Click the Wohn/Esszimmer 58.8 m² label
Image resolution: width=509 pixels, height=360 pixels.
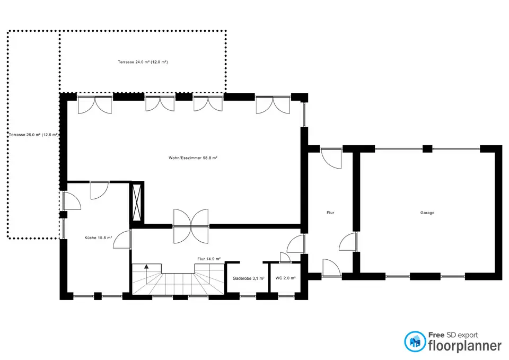click(193, 158)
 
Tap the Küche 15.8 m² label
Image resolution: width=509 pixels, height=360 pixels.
click(98, 238)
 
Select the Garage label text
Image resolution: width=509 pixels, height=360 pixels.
click(427, 213)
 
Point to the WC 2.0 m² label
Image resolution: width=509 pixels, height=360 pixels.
click(285, 278)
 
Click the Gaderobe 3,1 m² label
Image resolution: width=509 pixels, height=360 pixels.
click(248, 278)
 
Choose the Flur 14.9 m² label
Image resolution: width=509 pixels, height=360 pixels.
click(209, 259)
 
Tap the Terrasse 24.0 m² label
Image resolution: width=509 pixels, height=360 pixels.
click(143, 62)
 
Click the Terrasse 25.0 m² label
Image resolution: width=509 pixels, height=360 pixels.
click(34, 135)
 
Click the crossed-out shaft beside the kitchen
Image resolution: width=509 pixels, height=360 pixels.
click(137, 203)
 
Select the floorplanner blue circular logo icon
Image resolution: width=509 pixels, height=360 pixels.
click(415, 341)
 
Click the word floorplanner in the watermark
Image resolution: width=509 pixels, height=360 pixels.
click(465, 346)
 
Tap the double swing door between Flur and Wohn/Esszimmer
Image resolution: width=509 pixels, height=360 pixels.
click(191, 226)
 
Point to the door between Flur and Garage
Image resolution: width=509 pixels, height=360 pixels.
click(348, 242)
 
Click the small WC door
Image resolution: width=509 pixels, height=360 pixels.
click(285, 257)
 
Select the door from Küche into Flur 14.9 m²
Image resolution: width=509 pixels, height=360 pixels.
click(122, 240)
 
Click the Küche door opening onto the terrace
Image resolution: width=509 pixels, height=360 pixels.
click(72, 201)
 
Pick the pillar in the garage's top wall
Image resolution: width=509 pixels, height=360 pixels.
click(427, 148)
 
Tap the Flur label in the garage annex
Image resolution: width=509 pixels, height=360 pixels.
click(330, 213)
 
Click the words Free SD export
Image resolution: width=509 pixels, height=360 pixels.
click(453, 335)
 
